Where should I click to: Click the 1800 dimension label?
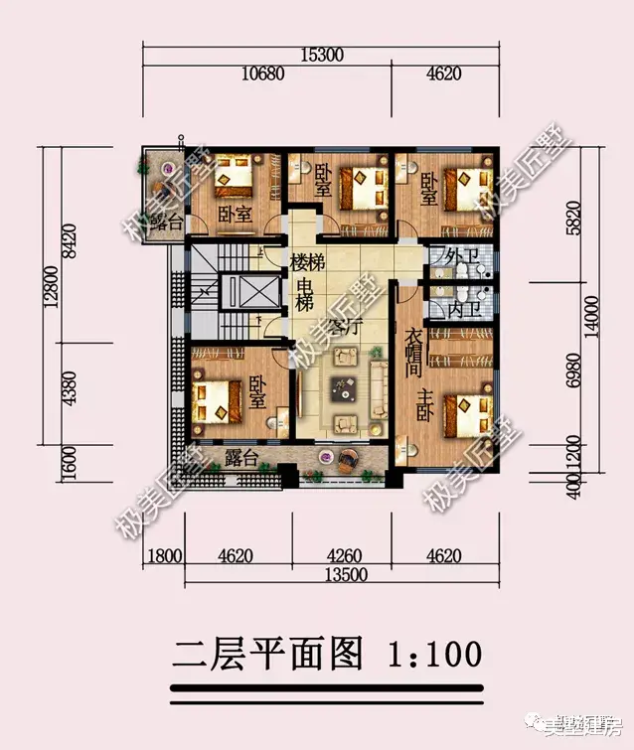(x=166, y=557)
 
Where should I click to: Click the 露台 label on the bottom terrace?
(x=241, y=458)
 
